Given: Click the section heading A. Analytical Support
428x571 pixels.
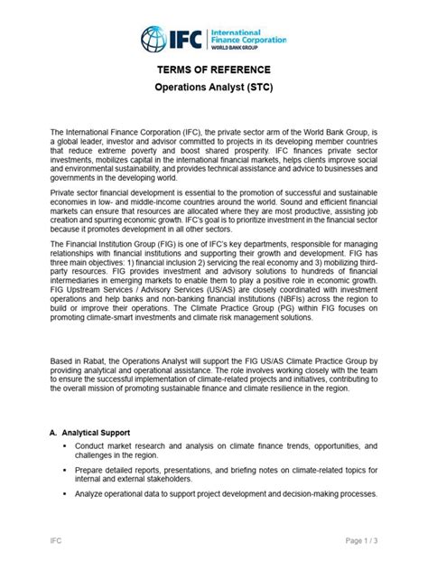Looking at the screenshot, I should [98, 432].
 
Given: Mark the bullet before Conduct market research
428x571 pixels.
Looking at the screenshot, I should [65, 447].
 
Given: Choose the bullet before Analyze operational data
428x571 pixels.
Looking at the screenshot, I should [65, 494].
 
